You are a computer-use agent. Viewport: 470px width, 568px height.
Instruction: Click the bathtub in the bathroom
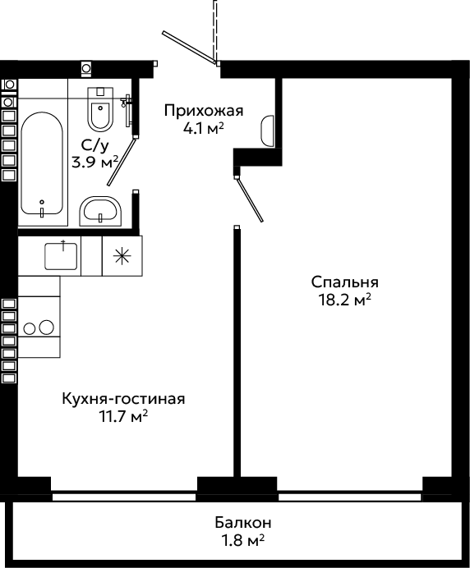tap(43, 163)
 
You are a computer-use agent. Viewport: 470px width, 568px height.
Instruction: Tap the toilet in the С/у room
tap(100, 108)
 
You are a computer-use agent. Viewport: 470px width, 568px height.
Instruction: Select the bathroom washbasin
tap(101, 210)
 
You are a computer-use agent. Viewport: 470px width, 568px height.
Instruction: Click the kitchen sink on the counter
tap(61, 256)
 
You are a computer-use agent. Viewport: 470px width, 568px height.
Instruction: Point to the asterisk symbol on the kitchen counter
tap(122, 256)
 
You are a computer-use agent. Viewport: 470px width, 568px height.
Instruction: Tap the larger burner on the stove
tap(46, 328)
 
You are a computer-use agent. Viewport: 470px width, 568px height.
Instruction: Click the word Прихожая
tap(204, 111)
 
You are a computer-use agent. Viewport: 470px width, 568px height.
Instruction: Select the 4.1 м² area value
tap(204, 128)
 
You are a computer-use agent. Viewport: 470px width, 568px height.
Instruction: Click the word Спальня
tap(344, 282)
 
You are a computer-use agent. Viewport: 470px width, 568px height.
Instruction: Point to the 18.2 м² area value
tap(344, 300)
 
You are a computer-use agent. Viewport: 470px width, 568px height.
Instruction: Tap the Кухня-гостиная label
tap(124, 399)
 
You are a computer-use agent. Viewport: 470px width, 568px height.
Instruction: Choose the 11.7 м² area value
tap(124, 417)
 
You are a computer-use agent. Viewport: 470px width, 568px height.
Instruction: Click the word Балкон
tap(243, 523)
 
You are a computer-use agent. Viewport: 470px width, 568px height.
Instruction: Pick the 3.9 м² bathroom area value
tap(95, 162)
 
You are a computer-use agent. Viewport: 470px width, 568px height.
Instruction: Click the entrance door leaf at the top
tap(189, 48)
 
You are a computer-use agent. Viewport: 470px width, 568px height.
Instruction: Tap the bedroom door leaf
tap(249, 199)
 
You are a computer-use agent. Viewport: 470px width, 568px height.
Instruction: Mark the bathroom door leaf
tap(122, 162)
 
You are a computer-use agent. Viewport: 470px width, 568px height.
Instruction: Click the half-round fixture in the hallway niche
tap(267, 131)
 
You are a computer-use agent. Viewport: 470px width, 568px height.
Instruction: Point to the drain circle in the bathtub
tap(42, 202)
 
